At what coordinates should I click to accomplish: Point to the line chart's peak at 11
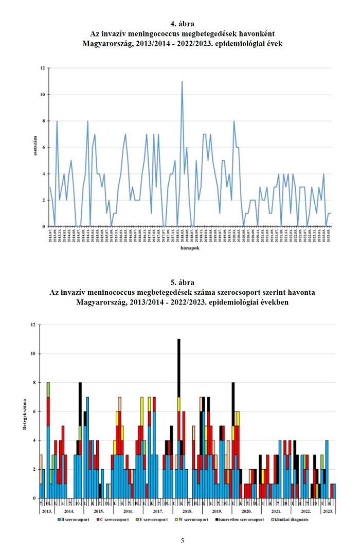pos(182,82)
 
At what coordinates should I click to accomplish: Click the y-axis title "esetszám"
pos(36,148)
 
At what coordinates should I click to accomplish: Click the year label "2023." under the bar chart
pos(327,512)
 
